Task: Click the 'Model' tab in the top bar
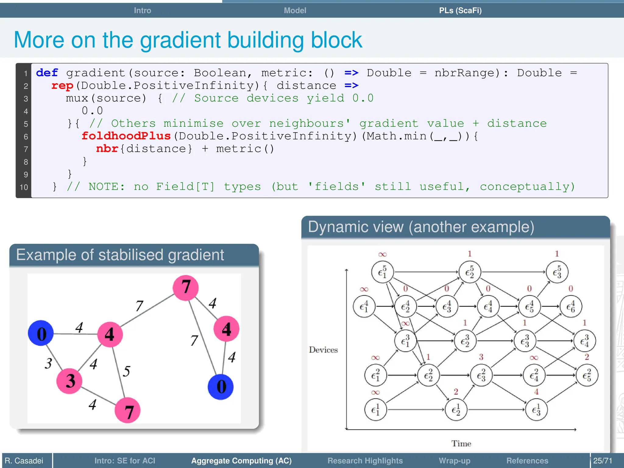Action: pos(295,10)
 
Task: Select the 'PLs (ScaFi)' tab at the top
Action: pos(460,10)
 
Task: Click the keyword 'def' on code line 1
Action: pos(47,73)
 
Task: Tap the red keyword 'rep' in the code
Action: pos(62,86)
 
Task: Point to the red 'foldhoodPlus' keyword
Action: pos(126,136)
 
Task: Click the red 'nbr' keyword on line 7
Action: pos(107,149)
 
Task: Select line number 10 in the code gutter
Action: pos(24,187)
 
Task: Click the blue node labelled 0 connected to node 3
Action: pos(41,333)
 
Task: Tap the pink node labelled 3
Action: pos(70,381)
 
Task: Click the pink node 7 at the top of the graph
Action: pos(186,287)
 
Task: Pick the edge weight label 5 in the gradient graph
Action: pos(126,371)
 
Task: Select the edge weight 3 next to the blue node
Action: pos(48,363)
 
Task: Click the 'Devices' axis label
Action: pos(323,350)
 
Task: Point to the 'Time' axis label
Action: pos(461,444)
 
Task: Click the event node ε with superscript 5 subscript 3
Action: pos(557,272)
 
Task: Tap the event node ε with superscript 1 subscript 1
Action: pos(375,410)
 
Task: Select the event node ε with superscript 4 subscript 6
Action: pos(570,307)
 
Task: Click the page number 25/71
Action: pos(602,461)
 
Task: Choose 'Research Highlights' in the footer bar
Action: pos(365,461)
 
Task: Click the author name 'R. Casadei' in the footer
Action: pos(24,461)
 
